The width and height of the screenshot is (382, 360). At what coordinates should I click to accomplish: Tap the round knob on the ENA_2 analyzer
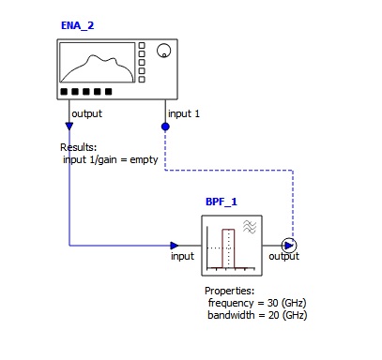click(x=164, y=51)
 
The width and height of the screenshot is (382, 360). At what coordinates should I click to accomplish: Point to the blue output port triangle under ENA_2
click(x=69, y=125)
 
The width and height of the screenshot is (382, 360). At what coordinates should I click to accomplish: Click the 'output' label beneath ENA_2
click(x=87, y=114)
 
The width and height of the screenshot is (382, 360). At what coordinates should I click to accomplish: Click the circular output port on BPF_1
click(x=289, y=246)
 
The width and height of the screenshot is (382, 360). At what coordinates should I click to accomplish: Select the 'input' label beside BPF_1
click(x=182, y=256)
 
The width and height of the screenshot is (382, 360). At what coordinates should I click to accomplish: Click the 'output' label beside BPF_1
click(x=284, y=256)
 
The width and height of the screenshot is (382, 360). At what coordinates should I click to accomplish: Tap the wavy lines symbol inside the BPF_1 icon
click(x=251, y=227)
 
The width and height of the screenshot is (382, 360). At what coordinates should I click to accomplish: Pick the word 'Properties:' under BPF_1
click(x=229, y=291)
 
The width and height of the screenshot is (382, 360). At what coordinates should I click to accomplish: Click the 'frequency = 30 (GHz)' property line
click(x=257, y=303)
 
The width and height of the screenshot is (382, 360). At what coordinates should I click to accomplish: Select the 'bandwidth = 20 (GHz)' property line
click(x=257, y=315)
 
